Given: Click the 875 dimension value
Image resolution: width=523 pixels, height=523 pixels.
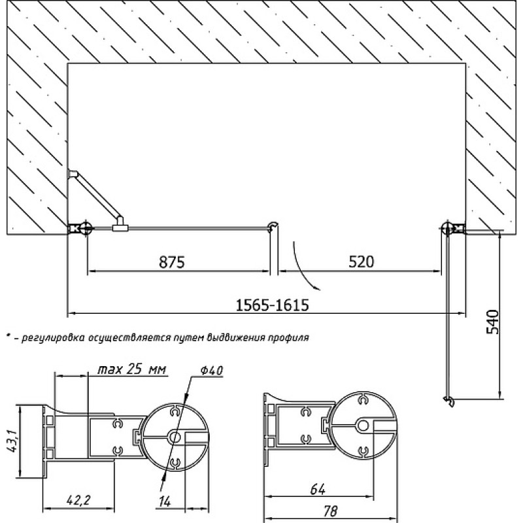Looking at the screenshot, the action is click(x=172, y=262).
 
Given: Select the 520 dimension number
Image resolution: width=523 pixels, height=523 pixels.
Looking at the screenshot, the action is click(x=362, y=261).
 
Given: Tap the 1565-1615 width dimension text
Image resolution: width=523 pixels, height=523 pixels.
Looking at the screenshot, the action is click(x=272, y=305).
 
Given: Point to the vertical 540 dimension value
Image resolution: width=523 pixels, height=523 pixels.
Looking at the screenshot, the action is click(x=493, y=322).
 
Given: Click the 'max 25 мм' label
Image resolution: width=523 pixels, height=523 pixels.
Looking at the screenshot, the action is click(x=132, y=369).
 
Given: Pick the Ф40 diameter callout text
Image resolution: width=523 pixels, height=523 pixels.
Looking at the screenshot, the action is click(x=212, y=370).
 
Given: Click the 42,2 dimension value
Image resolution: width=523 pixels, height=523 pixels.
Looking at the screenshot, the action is click(x=78, y=500).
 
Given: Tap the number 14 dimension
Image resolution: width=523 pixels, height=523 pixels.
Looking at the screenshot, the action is click(x=165, y=501).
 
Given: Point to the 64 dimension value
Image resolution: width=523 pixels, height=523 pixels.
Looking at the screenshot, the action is click(x=318, y=489).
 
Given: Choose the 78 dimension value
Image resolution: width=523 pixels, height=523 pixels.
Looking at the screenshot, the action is click(x=329, y=511).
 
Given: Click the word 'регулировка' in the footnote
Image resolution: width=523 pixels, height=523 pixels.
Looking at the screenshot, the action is click(x=53, y=337).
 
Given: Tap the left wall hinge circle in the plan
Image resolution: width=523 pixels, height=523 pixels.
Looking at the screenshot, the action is click(x=86, y=228).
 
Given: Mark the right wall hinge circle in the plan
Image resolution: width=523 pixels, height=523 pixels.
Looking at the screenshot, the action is click(x=447, y=228).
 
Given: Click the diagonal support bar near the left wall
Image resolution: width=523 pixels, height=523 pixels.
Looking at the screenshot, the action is click(x=97, y=195).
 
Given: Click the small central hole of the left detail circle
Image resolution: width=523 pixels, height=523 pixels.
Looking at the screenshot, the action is click(x=174, y=437).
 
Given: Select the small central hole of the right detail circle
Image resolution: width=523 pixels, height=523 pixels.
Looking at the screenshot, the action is click(x=363, y=426).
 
